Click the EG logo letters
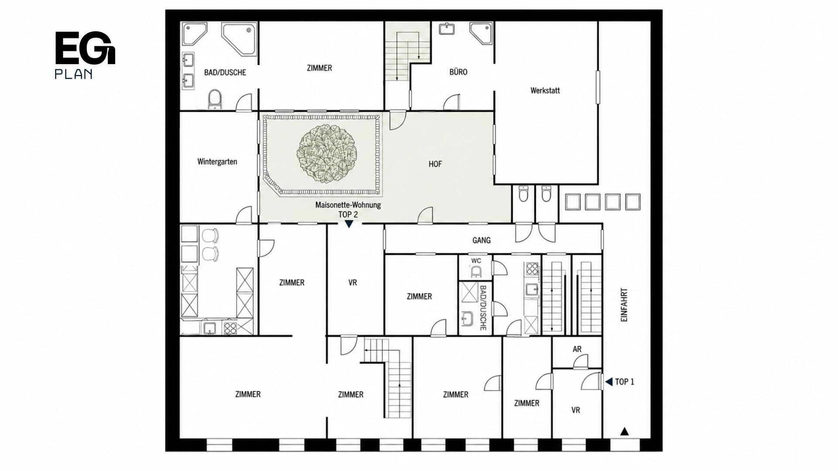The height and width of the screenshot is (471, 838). (85, 48)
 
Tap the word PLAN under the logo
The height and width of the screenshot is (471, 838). (73, 74)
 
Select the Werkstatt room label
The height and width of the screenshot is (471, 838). (545, 91)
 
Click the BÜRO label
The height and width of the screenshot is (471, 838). (458, 72)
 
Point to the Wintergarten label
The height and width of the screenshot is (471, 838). (217, 162)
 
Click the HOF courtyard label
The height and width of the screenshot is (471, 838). (435, 164)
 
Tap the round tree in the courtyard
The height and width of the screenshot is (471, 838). (327, 153)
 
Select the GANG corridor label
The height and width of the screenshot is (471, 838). (481, 240)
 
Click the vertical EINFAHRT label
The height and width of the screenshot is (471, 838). (624, 305)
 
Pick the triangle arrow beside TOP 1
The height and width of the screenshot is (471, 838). (608, 382)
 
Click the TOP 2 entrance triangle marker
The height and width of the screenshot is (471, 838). (349, 224)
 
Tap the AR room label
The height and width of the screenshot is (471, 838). (577, 349)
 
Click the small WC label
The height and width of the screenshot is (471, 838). (476, 261)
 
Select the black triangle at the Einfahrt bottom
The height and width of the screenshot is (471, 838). (625, 431)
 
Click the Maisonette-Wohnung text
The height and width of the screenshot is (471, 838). (348, 205)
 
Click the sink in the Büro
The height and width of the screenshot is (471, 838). (446, 29)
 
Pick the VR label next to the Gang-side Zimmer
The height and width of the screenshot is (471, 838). (353, 283)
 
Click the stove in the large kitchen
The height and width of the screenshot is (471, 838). (230, 328)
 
